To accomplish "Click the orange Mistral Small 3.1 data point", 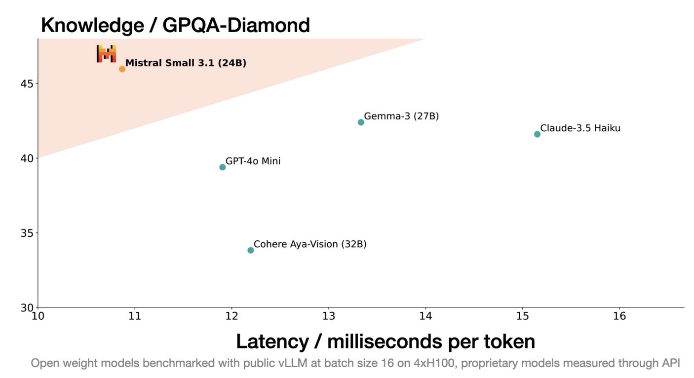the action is (122, 69).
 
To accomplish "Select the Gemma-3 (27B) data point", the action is (361, 122).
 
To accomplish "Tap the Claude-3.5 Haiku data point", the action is (537, 134).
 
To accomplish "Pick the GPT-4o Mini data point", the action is (223, 167).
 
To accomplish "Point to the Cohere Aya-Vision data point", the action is (251, 250).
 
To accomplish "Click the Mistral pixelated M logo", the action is (106, 54).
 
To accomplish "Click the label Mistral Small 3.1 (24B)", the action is (186, 63).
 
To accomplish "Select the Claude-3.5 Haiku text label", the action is (580, 128).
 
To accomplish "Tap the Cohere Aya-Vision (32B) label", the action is (310, 244).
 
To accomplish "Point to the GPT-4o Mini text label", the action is (253, 161).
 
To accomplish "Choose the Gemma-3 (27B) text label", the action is (401, 116).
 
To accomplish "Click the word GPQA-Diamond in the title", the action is (236, 25).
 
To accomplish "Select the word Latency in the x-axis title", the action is (272, 342).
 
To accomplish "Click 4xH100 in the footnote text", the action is (435, 363).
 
